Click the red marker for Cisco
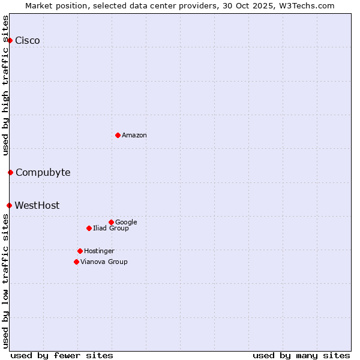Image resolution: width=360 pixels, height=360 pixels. point(10,40)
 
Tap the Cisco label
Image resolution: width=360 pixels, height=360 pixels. point(28,41)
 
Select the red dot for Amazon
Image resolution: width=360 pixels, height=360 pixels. point(118,135)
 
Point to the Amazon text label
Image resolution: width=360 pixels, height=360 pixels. point(134,136)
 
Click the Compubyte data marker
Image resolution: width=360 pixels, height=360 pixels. point(10,173)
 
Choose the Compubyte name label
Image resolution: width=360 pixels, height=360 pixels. point(43,173)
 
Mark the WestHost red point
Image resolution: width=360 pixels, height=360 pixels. point(9,205)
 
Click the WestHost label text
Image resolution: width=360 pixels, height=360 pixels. point(37,206)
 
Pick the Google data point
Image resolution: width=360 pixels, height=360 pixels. point(111,222)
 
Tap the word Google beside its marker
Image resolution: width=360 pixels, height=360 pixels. point(126,223)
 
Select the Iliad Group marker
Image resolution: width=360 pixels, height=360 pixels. point(89,228)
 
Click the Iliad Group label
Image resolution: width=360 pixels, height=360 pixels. point(110,229)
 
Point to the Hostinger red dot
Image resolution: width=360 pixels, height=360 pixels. point(80,251)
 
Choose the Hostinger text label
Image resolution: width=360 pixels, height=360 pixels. point(99,251)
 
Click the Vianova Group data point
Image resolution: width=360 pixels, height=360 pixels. point(76,262)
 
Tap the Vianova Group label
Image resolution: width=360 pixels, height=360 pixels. point(104,262)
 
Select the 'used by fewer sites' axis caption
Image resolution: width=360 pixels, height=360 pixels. point(62,355)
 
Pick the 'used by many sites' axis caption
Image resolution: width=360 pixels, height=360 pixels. point(301,355)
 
